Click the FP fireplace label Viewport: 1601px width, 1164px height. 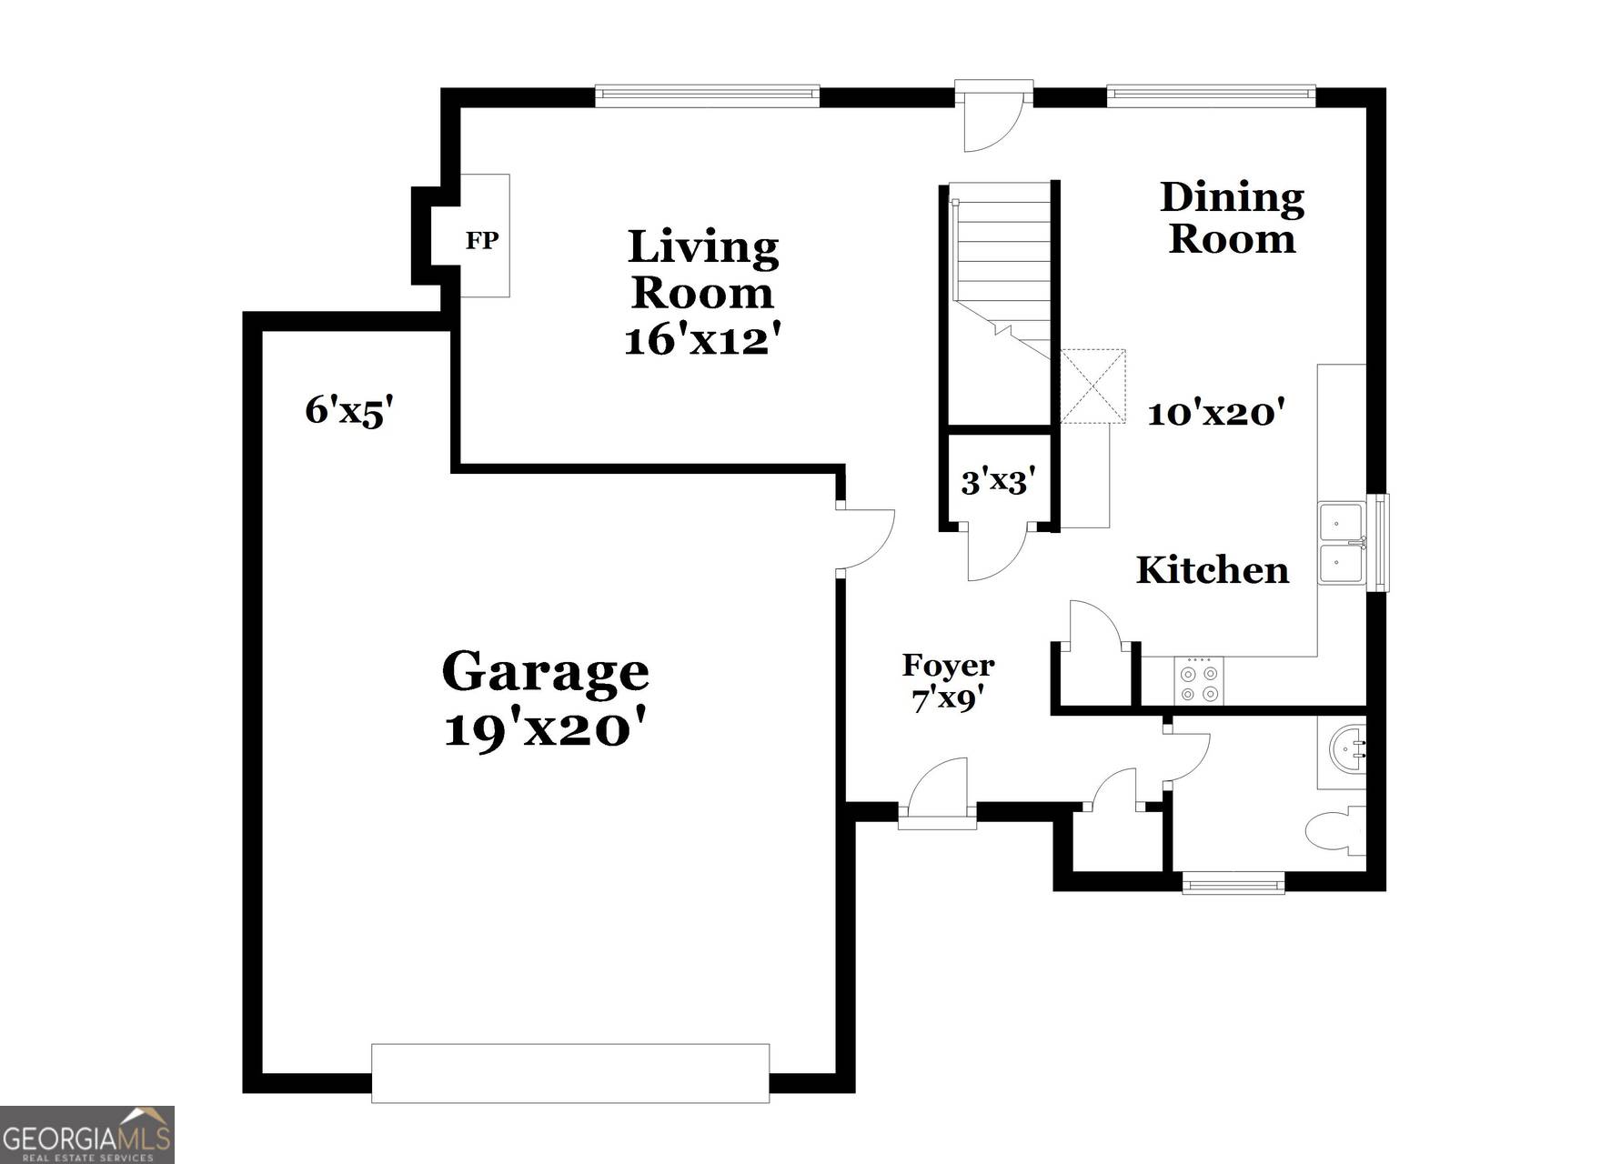tap(482, 240)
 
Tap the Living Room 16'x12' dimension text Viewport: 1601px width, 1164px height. tap(702, 340)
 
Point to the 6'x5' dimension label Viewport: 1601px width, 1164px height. tap(348, 411)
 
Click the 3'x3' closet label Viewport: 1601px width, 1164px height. tap(998, 480)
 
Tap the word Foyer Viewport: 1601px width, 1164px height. tap(948, 666)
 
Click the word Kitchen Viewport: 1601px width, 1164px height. tap(1212, 570)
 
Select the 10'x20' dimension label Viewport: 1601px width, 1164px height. tap(1215, 414)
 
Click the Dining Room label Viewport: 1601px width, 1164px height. tap(1232, 218)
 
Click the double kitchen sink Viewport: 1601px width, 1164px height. tap(1342, 544)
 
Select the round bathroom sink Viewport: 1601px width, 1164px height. tap(1347, 749)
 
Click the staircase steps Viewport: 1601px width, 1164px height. tap(1001, 255)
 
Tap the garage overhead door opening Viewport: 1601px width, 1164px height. tap(570, 1073)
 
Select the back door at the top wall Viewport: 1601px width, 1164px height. tap(993, 118)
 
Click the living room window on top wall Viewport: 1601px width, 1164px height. tap(707, 95)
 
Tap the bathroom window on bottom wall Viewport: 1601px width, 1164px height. tap(1233, 881)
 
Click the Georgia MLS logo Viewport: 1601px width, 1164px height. tap(87, 1135)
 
